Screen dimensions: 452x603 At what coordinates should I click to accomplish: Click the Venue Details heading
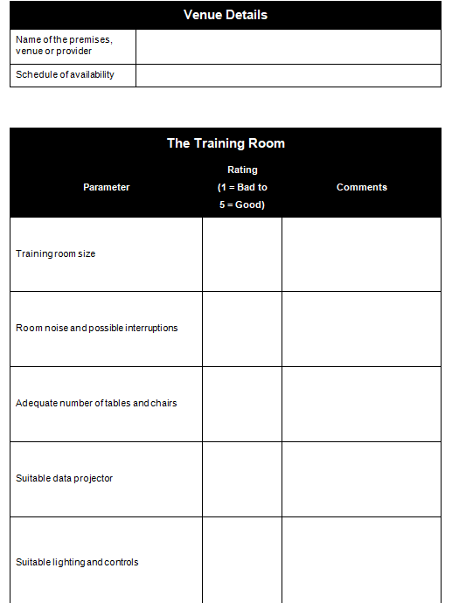pos(226,15)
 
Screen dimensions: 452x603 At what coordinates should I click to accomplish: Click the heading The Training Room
pos(226,143)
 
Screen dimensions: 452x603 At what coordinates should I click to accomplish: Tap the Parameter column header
pos(107,187)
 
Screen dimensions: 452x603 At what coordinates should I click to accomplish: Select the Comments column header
pos(361,187)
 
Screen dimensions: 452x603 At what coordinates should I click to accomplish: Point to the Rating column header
pos(242,187)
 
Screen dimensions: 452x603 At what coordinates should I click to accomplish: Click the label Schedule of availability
pos(66,75)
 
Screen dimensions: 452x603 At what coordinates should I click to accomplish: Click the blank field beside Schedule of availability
pos(289,75)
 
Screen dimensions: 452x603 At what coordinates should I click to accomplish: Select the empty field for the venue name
pos(289,46)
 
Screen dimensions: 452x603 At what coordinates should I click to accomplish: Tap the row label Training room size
pos(56,253)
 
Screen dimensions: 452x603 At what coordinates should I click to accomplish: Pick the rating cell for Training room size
pos(242,253)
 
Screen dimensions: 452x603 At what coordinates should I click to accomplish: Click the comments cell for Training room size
pos(361,253)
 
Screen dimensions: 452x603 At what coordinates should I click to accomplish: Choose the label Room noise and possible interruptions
pos(97,329)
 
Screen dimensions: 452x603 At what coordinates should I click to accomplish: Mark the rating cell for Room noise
pos(242,329)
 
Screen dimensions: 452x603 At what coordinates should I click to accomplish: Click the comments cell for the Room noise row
pos(361,329)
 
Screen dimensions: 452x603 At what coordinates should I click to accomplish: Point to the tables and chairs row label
pos(96,404)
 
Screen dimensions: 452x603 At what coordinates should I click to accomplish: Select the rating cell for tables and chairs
pos(242,404)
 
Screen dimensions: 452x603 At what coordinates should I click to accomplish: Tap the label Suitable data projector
pos(65,479)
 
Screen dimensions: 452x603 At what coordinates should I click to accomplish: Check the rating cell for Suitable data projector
pos(242,479)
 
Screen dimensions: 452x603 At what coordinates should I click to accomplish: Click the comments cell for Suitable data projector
pos(361,479)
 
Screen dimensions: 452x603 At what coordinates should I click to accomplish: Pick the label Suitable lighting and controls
pos(77,562)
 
